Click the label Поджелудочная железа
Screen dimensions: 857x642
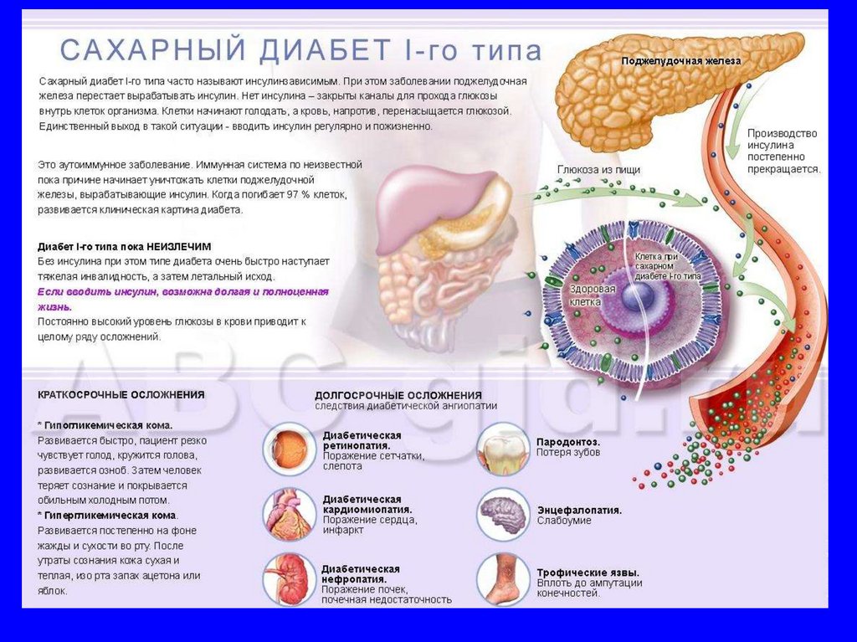coord(680,62)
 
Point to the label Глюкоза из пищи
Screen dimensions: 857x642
coord(598,170)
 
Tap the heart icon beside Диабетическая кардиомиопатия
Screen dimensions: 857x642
coord(289,513)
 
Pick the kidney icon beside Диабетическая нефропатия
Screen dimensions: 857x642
coord(289,576)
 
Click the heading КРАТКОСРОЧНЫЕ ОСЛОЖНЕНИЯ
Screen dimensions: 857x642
coord(121,394)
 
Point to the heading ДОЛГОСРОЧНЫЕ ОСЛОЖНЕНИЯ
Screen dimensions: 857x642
coord(398,395)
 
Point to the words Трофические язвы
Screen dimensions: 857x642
coord(584,573)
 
